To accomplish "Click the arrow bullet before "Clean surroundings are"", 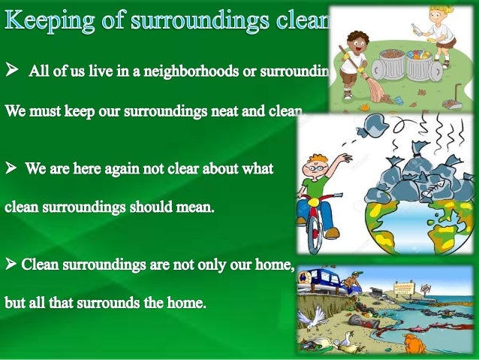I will [11, 265].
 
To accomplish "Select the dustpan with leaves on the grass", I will [455, 100].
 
